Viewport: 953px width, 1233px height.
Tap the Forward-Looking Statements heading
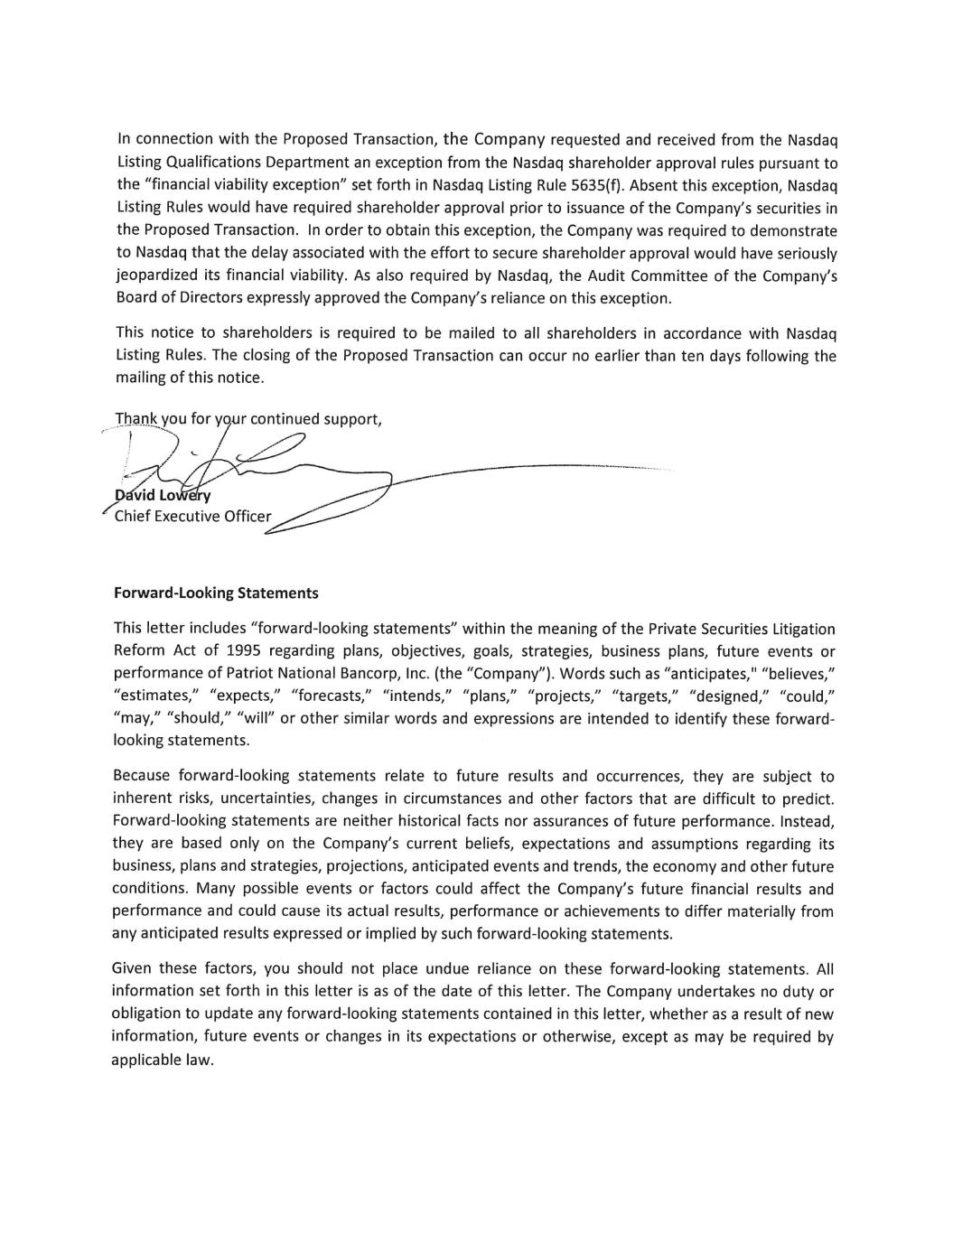(x=216, y=593)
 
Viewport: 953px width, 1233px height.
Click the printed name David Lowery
(x=164, y=496)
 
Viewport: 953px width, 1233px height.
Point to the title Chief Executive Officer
(x=192, y=517)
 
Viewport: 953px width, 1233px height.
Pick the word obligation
(x=146, y=1014)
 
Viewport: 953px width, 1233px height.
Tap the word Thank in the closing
(x=136, y=418)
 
